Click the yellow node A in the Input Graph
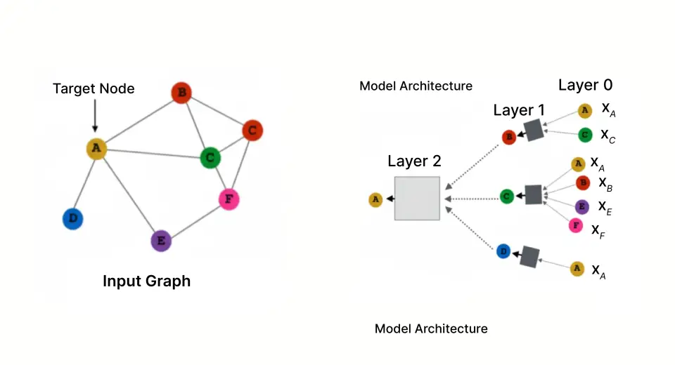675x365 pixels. click(96, 148)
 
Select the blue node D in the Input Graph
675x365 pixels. click(72, 219)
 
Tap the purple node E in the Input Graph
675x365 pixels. click(161, 241)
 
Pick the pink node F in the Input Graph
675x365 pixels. click(228, 199)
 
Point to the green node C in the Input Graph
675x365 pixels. click(210, 157)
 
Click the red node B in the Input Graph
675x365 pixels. click(182, 93)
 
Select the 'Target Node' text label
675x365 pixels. click(94, 89)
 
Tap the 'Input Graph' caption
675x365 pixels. click(146, 281)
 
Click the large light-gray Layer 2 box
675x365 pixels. click(417, 199)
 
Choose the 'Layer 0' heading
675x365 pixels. click(585, 86)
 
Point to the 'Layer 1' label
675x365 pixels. click(520, 110)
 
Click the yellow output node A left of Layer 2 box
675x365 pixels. click(375, 200)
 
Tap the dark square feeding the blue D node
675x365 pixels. click(529, 257)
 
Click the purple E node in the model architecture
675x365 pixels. click(581, 206)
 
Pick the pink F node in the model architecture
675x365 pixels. click(576, 226)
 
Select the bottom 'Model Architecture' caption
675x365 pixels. click(430, 328)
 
